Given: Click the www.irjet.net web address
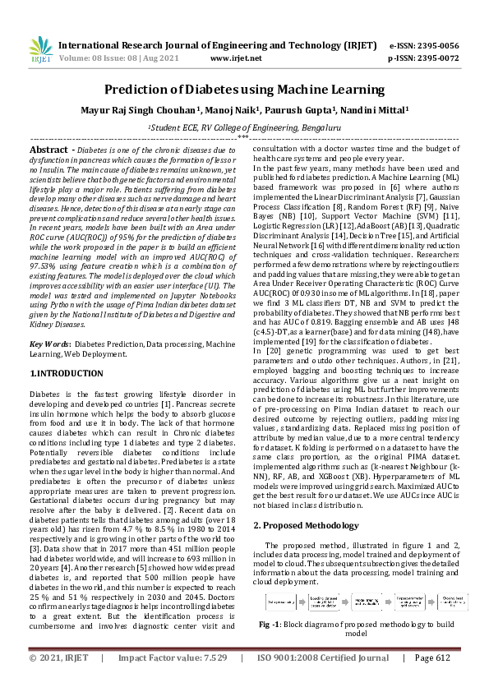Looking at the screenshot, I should (x=231, y=59).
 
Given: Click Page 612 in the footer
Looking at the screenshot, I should (x=432, y=680).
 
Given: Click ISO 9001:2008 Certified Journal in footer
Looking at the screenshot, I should (x=323, y=680).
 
